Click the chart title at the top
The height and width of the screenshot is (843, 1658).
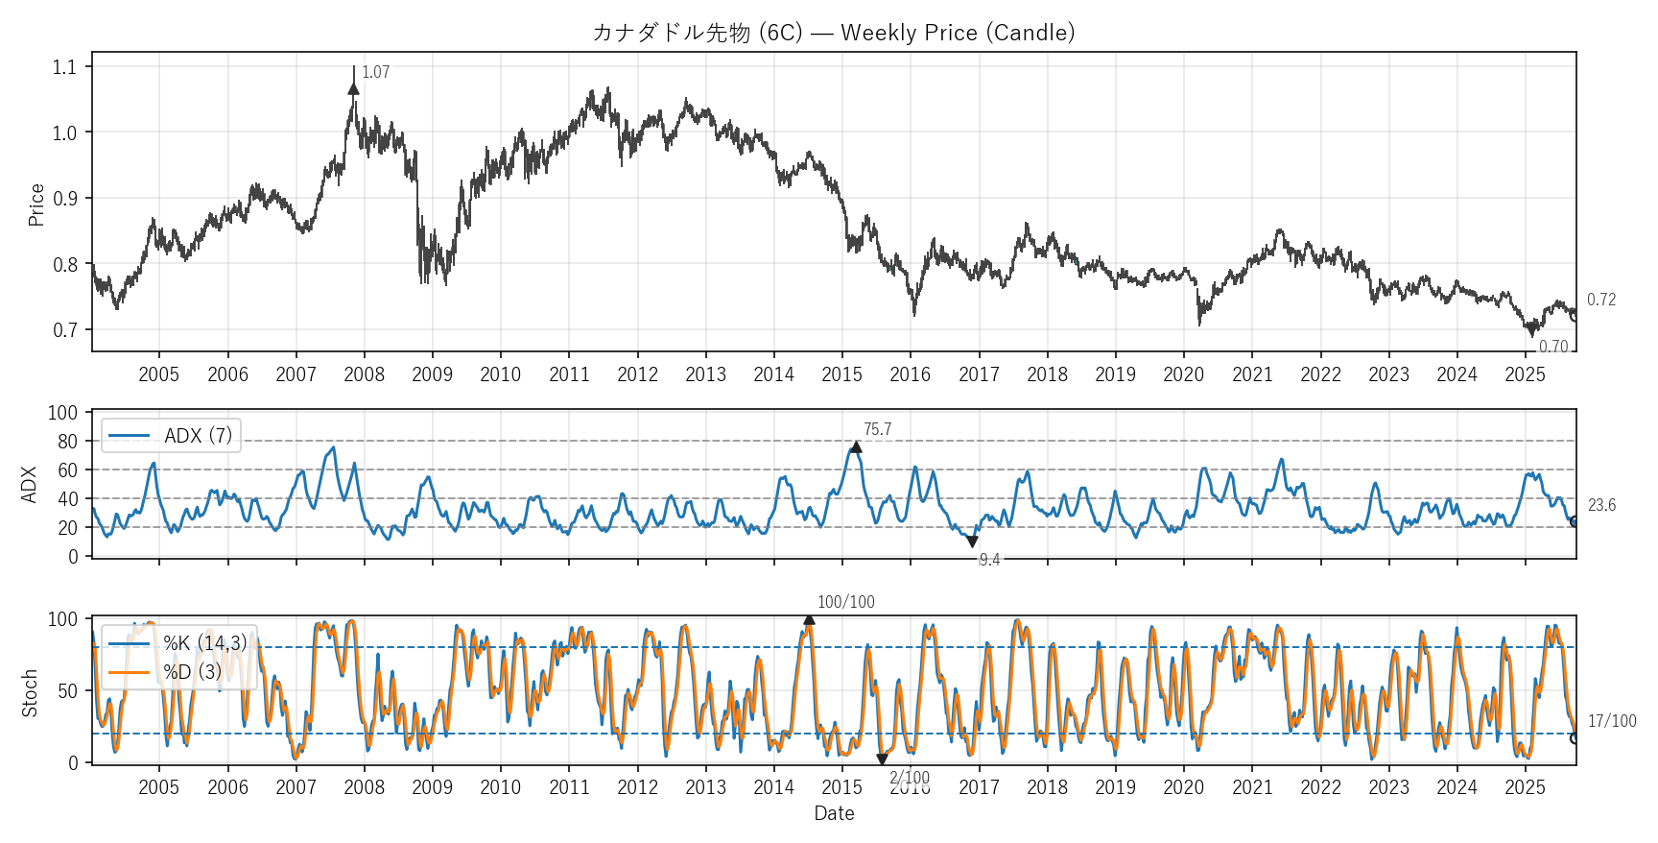point(833,33)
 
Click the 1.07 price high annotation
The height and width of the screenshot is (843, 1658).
point(375,73)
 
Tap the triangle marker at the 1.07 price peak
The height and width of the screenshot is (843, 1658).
point(354,89)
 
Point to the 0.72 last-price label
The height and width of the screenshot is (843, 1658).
point(1600,301)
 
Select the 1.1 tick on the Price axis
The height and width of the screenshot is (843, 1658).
point(64,67)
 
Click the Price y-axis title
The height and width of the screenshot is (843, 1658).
point(36,205)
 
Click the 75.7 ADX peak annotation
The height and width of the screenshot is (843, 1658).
point(877,430)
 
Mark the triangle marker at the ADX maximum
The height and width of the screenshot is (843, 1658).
point(856,447)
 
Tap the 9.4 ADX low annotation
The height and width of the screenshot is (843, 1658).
point(989,560)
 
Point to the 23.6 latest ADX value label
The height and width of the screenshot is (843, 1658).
point(1601,506)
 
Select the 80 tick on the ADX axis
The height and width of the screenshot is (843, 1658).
point(67,442)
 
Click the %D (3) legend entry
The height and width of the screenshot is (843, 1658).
point(192,672)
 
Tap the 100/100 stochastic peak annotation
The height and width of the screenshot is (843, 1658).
point(845,603)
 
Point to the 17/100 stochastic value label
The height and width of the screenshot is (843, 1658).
point(1612,722)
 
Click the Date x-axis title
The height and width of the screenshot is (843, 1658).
point(834,813)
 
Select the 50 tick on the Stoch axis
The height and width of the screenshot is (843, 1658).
point(67,691)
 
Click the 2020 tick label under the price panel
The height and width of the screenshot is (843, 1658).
point(1183,375)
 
